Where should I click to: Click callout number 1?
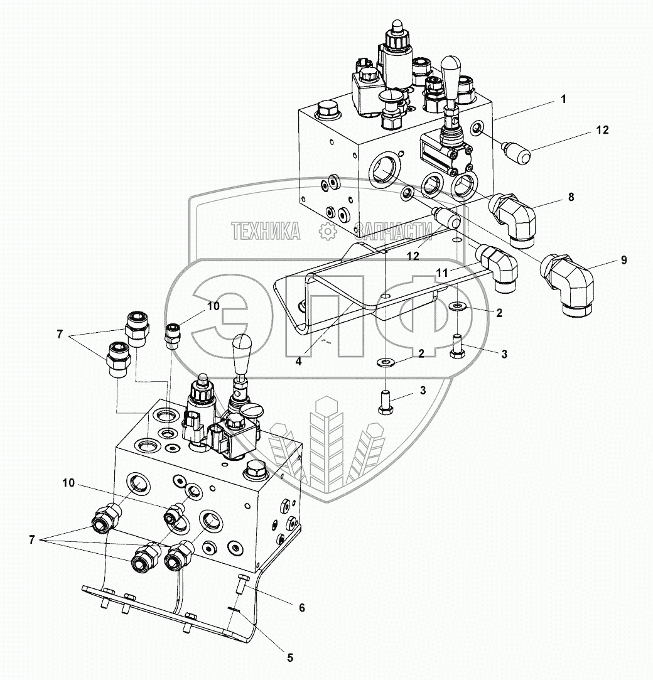click(563, 99)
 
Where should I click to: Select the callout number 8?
click(570, 197)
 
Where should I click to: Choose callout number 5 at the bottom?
click(290, 658)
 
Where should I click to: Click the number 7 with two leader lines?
click(60, 335)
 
